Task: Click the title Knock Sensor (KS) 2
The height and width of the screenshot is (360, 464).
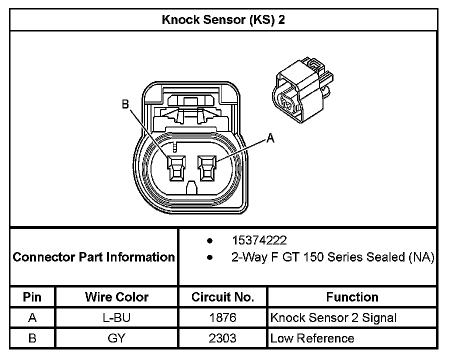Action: [223, 20]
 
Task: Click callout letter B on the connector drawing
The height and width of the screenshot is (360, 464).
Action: [125, 104]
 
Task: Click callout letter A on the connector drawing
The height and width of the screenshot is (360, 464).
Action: [270, 138]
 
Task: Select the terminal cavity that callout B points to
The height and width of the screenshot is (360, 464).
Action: [176, 168]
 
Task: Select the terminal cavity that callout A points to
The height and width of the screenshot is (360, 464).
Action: [207, 168]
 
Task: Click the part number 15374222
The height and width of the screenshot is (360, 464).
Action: [259, 240]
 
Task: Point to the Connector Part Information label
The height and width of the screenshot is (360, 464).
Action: [94, 257]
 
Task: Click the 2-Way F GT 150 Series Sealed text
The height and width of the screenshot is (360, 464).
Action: [333, 257]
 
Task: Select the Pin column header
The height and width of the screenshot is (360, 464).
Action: [32, 297]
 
